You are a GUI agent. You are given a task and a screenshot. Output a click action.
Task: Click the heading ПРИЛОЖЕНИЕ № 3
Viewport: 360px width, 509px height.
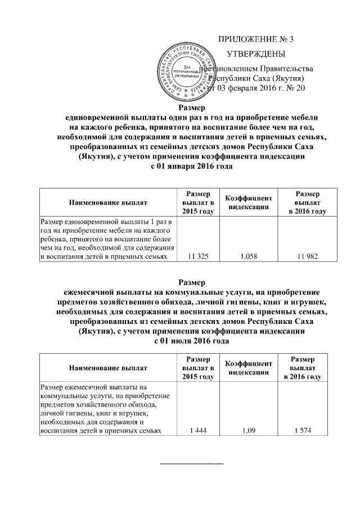(256, 39)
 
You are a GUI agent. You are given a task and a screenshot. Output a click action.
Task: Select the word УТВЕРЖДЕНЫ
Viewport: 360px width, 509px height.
(255, 54)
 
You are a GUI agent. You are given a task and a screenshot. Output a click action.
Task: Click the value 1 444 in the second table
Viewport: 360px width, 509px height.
(196, 431)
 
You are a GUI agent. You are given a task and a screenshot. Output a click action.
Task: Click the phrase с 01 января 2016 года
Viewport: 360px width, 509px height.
(192, 166)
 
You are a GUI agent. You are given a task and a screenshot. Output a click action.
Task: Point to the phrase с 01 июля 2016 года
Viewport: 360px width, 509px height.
(192, 340)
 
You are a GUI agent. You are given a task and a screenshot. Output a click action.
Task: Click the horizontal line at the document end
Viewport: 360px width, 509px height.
(192, 463)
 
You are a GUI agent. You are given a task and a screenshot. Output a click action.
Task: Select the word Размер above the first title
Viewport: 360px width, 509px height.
(192, 108)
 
